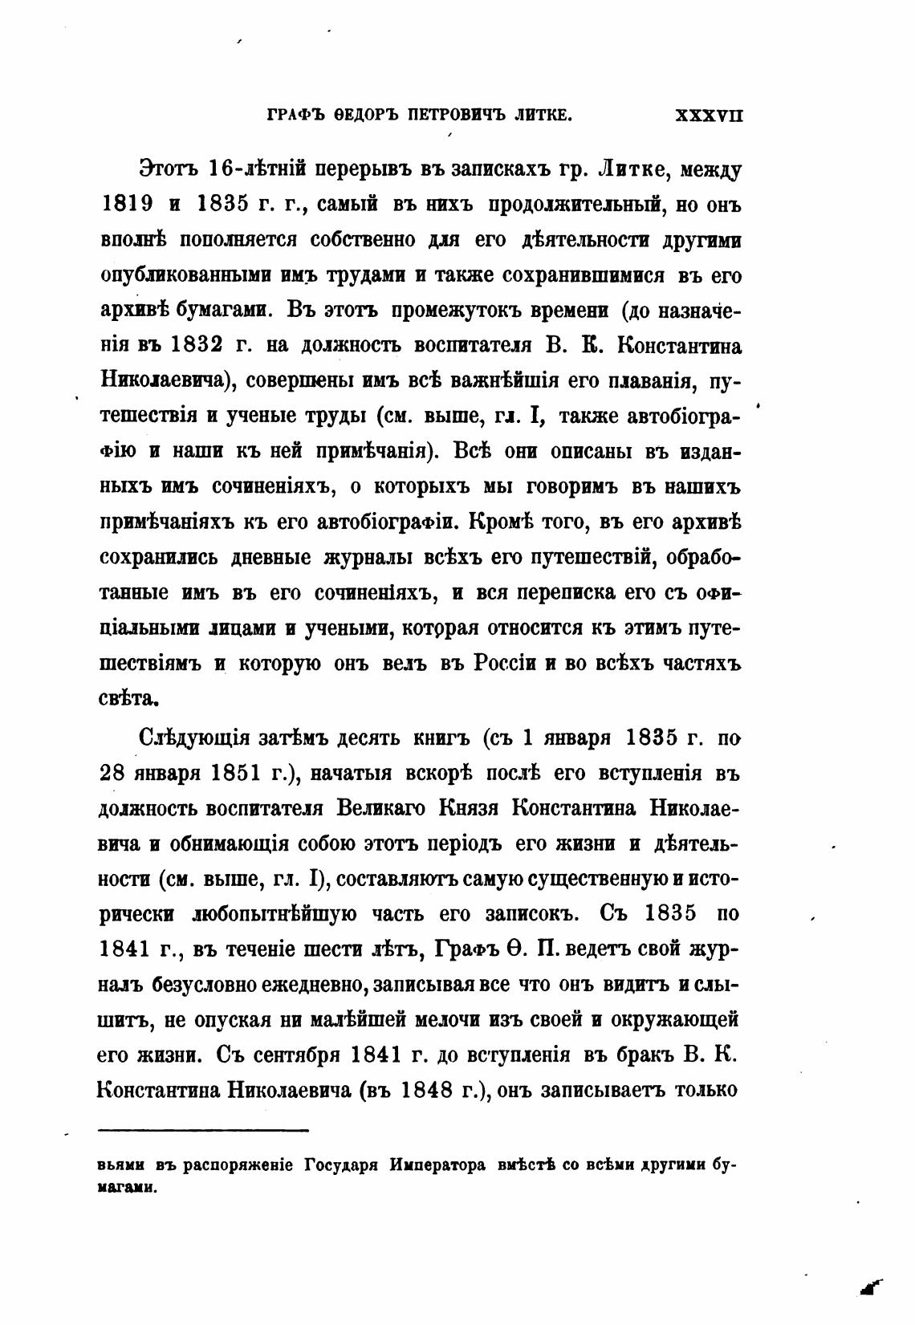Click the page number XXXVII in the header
pyautogui.click(x=710, y=115)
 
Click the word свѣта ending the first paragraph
pyautogui.click(x=125, y=698)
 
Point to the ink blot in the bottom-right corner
pyautogui.click(x=869, y=1287)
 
